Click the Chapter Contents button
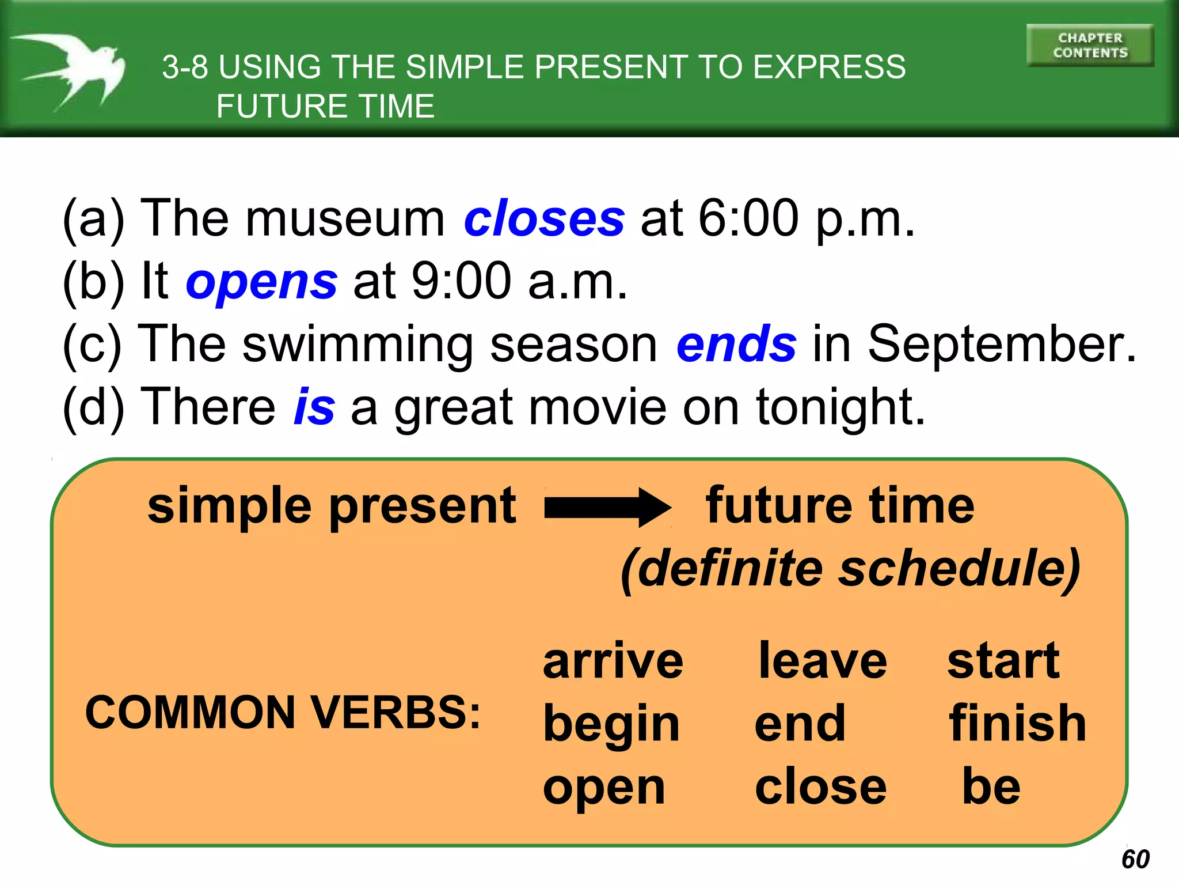tap(1090, 46)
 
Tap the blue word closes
tap(544, 219)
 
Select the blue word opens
tap(261, 282)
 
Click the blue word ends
tap(736, 344)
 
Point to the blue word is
tap(314, 407)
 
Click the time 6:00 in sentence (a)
tap(748, 219)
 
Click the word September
tap(1002, 344)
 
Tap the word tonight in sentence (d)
tap(840, 408)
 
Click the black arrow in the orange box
tap(607, 507)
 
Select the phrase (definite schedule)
tap(850, 569)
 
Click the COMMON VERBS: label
tap(282, 713)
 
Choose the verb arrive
tap(613, 661)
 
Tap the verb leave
tap(823, 661)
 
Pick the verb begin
tap(611, 725)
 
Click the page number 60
tap(1135, 859)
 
